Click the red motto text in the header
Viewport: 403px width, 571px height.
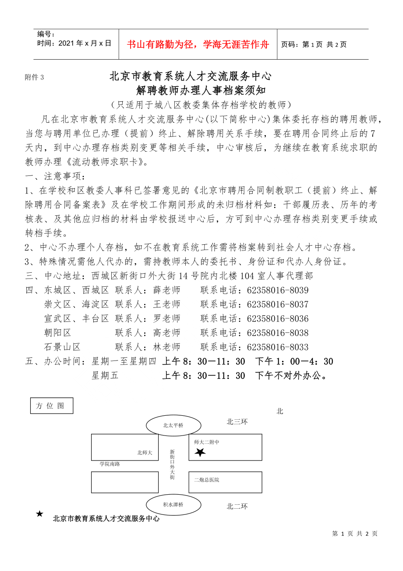tap(198, 44)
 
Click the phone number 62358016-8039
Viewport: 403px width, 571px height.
tap(278, 290)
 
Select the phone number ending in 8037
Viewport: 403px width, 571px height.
tap(278, 304)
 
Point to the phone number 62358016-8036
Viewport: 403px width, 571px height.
tap(278, 319)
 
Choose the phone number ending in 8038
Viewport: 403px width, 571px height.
tap(278, 333)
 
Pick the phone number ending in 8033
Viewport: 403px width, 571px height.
tap(278, 347)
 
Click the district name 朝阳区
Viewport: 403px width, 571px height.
tap(57, 333)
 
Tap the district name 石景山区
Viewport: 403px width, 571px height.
tap(62, 347)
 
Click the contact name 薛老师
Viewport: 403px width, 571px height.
tap(166, 290)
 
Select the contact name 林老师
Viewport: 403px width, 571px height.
tap(166, 347)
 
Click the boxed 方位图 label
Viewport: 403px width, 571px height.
tap(51, 406)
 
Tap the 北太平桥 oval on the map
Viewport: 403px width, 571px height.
tap(173, 425)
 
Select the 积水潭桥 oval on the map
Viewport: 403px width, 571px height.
tap(173, 505)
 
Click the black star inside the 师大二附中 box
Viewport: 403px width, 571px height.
tap(200, 453)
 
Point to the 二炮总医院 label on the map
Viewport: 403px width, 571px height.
tap(207, 480)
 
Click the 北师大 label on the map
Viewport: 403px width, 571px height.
tap(145, 453)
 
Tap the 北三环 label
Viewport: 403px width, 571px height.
tap(237, 422)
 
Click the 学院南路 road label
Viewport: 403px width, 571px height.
tap(110, 464)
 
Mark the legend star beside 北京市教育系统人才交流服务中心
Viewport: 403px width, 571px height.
tap(40, 514)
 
